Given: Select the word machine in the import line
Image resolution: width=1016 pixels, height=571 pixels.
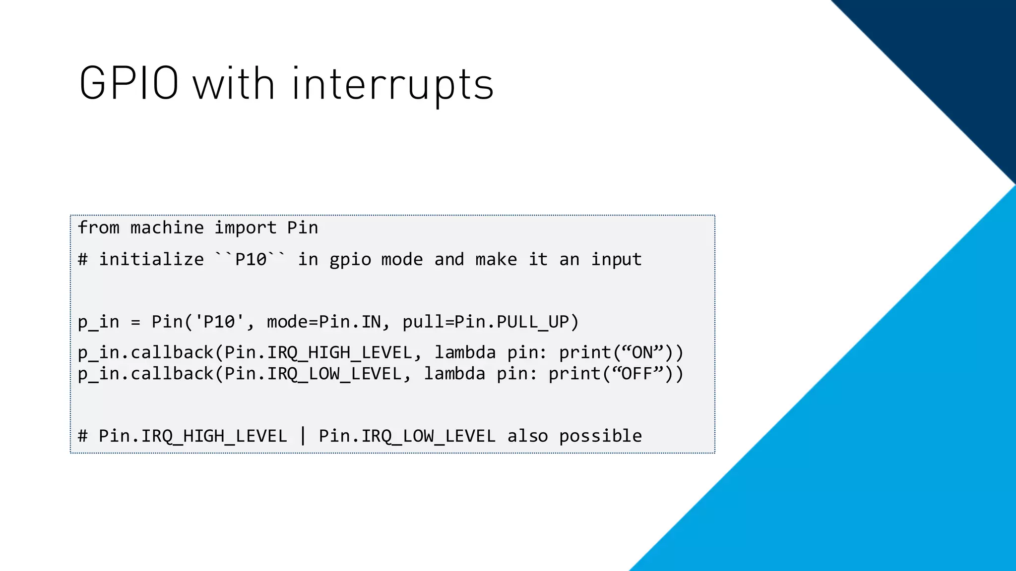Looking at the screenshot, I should coord(167,228).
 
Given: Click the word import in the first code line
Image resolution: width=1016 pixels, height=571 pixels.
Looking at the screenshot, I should coord(245,228).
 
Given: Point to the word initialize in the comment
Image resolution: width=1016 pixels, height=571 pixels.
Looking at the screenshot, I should coord(151,259).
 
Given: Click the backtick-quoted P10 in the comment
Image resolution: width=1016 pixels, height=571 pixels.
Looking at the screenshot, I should coord(251,259).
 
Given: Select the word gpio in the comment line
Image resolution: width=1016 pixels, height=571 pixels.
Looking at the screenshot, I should coord(350,259).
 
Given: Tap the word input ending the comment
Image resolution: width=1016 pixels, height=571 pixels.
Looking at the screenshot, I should coord(616,259).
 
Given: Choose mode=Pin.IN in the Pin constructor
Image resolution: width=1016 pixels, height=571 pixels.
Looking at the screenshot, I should coord(324,322).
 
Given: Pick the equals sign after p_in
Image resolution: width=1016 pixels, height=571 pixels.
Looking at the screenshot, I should coord(135,323).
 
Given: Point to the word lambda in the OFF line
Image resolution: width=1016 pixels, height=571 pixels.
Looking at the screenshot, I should coord(454,373).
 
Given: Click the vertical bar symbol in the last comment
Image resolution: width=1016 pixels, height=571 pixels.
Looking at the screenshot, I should coord(303,436).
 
